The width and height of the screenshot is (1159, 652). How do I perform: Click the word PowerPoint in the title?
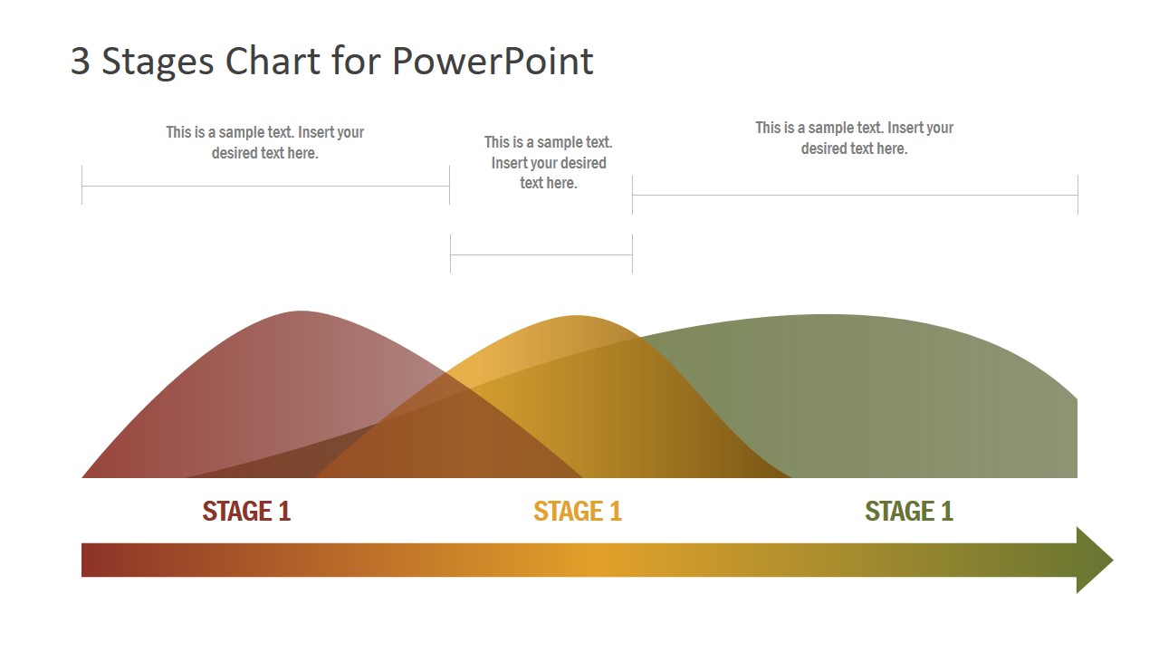[x=493, y=62]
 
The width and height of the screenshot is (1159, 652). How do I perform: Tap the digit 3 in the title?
[x=81, y=62]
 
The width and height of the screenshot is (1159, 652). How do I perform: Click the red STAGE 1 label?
[x=246, y=512]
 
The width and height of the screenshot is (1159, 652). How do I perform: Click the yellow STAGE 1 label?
[x=578, y=512]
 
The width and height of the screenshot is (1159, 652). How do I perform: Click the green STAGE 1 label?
[x=909, y=512]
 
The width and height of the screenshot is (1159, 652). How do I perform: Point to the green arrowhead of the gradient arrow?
[x=1094, y=560]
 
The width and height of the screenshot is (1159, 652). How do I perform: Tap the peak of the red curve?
[x=299, y=312]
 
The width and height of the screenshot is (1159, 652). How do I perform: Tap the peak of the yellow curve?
[x=577, y=317]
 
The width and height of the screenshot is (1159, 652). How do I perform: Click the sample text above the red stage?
[x=265, y=143]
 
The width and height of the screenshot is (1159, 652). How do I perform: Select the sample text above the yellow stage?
[x=549, y=163]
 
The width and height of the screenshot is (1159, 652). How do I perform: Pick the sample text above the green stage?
[x=855, y=139]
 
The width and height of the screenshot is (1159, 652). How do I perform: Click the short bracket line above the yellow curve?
[x=541, y=255]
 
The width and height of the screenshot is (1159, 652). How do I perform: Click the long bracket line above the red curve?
[x=265, y=187]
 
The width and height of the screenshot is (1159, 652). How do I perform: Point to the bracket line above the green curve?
[x=855, y=195]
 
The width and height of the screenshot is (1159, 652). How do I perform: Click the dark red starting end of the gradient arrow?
[x=89, y=560]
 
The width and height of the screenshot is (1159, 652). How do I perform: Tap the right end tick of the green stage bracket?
[x=1078, y=195]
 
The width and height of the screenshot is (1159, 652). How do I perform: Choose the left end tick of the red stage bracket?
[x=81, y=186]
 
